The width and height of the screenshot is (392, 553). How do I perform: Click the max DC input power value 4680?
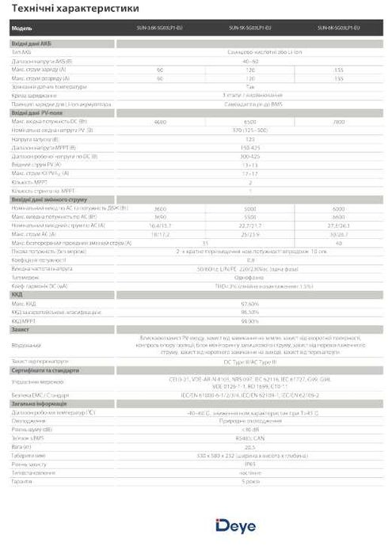pyautogui.click(x=160, y=122)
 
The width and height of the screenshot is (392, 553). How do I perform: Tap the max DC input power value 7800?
pyautogui.click(x=339, y=122)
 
